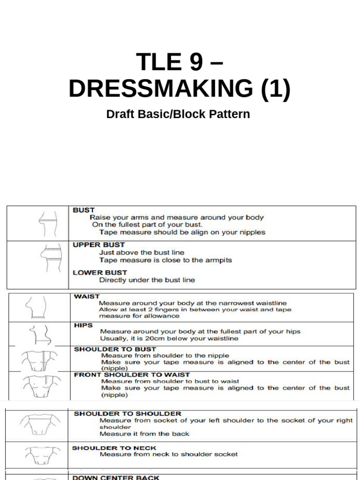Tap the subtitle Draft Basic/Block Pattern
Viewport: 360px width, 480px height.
pyautogui.click(x=178, y=114)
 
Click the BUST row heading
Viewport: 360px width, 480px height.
pyautogui.click(x=83, y=210)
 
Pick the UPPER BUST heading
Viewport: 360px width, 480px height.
pyautogui.click(x=98, y=245)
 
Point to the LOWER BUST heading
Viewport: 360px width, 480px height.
pyautogui.click(x=100, y=272)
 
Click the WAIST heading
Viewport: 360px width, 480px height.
pyautogui.click(x=87, y=297)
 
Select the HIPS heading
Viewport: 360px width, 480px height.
pyautogui.click(x=83, y=325)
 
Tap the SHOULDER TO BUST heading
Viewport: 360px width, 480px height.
pyautogui.click(x=115, y=349)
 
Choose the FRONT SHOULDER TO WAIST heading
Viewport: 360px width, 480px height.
pyautogui.click(x=132, y=375)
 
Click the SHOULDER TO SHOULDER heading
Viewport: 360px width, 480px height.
pyautogui.click(x=127, y=414)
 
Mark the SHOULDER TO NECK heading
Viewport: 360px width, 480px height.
pyautogui.click(x=114, y=448)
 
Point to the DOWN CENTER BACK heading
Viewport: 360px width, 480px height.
pyautogui.click(x=115, y=477)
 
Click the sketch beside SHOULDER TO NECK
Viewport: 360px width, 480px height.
pyautogui.click(x=42, y=455)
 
